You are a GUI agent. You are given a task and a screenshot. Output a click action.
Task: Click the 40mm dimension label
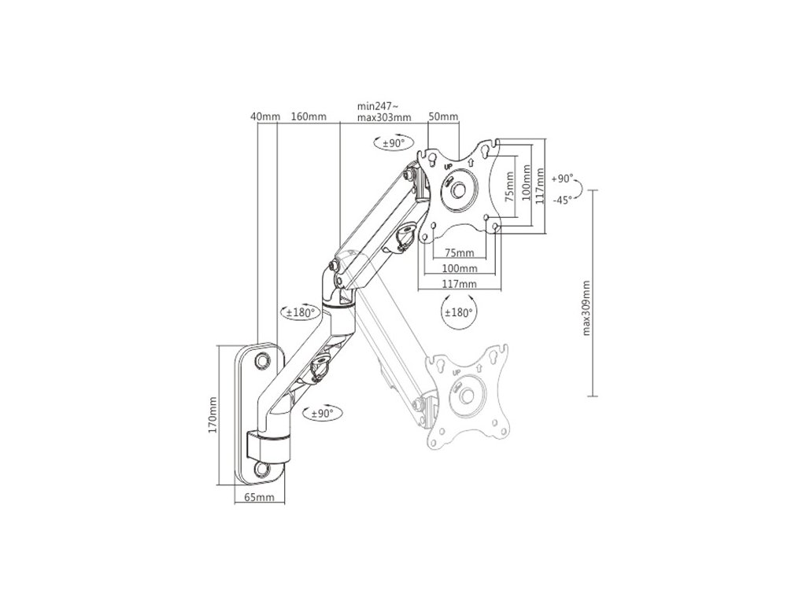[264, 117]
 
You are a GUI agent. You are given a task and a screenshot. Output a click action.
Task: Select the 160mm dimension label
[309, 117]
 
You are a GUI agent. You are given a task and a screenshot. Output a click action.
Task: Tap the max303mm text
[384, 117]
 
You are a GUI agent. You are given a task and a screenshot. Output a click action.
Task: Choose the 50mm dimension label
[443, 117]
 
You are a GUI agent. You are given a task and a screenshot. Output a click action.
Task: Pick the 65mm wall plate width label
[258, 498]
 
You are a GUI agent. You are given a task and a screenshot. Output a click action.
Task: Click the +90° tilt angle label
[563, 179]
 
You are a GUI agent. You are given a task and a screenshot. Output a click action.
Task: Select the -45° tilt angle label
[562, 199]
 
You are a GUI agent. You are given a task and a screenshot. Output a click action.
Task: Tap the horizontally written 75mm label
[459, 253]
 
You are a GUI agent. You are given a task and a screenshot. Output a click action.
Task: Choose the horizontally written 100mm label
[460, 268]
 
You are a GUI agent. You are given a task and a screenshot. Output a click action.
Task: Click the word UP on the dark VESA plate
[447, 166]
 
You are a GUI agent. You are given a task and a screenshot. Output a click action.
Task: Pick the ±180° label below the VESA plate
[458, 312]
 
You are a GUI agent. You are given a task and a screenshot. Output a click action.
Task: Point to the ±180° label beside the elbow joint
[300, 312]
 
